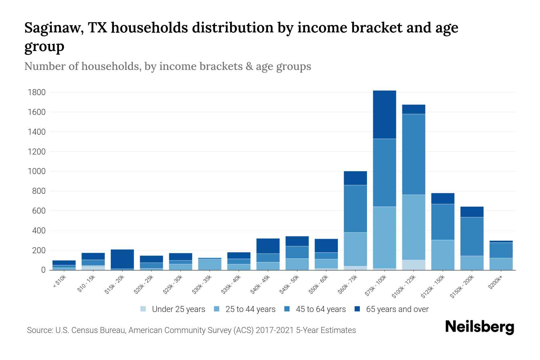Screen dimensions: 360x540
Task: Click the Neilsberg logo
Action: tap(479, 327)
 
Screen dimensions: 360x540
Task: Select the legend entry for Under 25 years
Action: tap(178, 309)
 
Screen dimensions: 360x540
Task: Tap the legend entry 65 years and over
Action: tap(397, 309)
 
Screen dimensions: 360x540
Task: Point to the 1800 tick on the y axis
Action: tap(37, 92)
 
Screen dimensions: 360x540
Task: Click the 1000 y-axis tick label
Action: tap(37, 171)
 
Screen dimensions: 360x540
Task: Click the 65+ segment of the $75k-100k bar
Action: tap(384, 115)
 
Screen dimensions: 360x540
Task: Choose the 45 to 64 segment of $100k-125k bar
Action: tap(414, 154)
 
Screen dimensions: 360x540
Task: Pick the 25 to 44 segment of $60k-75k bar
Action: tap(355, 249)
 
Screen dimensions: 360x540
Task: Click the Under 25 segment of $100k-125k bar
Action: tap(414, 265)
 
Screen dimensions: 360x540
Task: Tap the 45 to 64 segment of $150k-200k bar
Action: tap(472, 236)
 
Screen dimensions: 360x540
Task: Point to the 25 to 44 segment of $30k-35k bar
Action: tap(210, 265)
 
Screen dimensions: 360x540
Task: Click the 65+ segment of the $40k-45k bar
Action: tap(268, 246)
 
